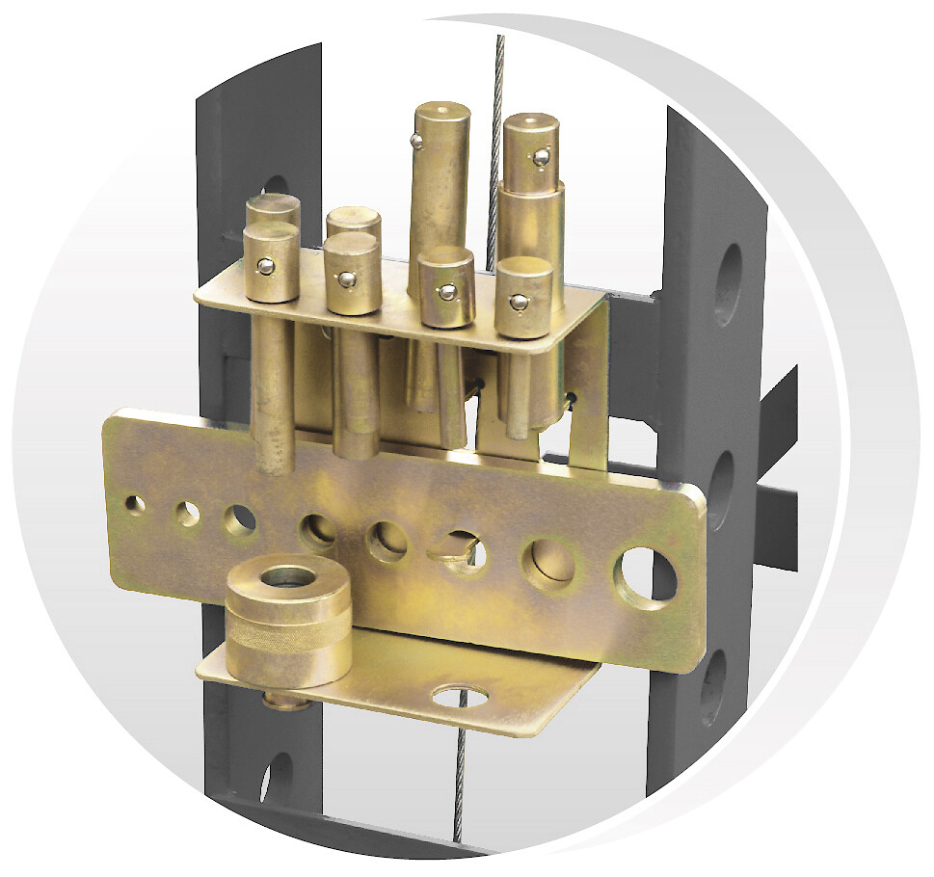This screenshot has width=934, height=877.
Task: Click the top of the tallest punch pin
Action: pyautogui.click(x=442, y=118)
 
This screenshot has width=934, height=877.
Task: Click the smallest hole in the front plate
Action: pyautogui.click(x=135, y=504)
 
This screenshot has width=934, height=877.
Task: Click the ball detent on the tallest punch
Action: pyautogui.click(x=416, y=143)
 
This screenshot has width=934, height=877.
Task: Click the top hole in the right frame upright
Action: pyautogui.click(x=729, y=283)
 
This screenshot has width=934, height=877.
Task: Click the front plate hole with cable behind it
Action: pyautogui.click(x=461, y=551)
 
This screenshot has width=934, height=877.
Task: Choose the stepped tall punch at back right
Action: pyautogui.click(x=533, y=183)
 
